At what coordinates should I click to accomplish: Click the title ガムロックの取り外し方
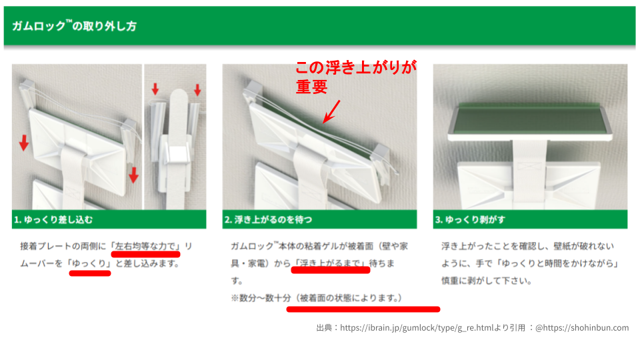point(75,27)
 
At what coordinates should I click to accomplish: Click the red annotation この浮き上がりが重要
point(356,77)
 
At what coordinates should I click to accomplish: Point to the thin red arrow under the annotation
point(331,111)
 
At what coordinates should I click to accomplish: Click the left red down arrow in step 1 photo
point(23,142)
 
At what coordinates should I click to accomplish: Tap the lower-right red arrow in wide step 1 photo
point(133,175)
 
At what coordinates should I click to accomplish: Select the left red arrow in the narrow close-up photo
point(155,89)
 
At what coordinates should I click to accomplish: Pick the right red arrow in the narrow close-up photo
point(197,89)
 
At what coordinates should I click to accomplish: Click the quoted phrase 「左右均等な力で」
point(146,246)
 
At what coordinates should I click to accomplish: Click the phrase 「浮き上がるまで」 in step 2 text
point(331,263)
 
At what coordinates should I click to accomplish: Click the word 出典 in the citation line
point(325,327)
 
